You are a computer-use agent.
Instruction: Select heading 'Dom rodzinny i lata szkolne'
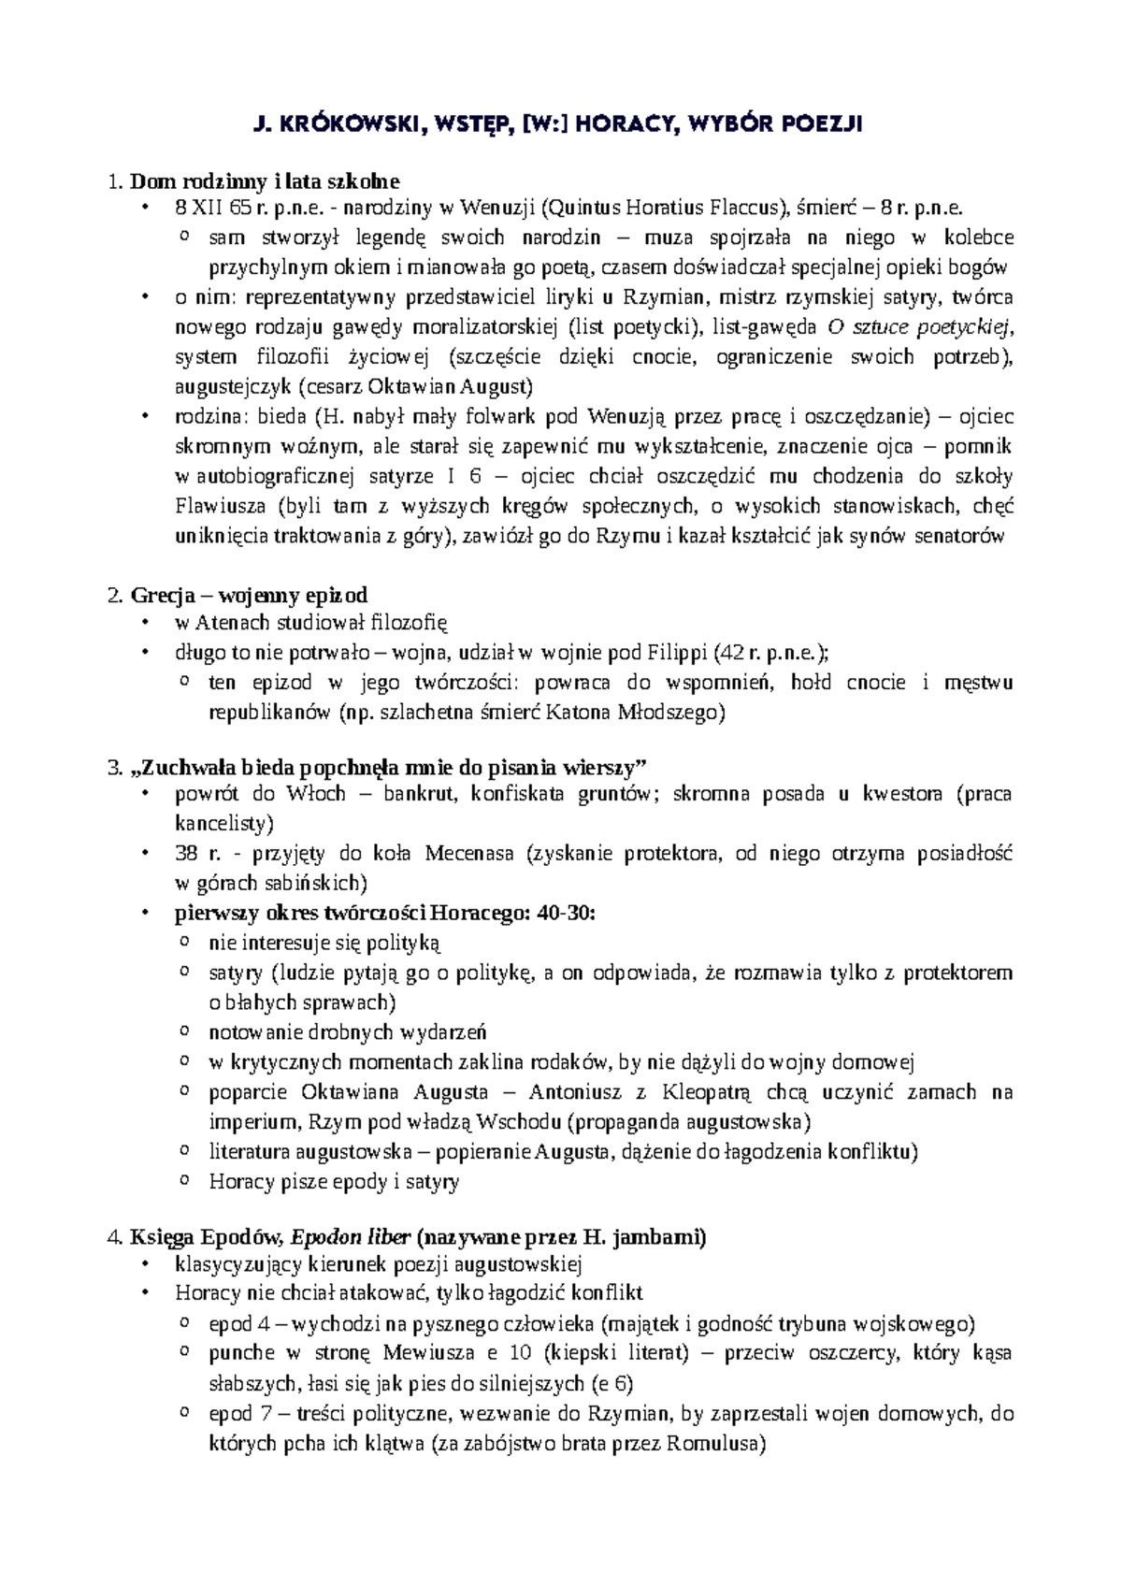point(266,180)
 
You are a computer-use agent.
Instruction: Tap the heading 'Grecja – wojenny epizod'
point(249,595)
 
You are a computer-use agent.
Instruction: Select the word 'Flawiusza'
point(221,506)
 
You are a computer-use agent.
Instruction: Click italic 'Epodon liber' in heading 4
point(351,1237)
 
